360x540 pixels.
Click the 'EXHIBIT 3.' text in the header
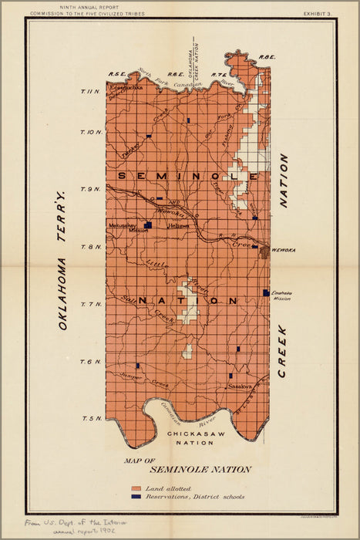(x=319, y=13)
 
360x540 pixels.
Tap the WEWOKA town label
(x=284, y=250)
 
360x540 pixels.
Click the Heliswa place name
(x=179, y=225)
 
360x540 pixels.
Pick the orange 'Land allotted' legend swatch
(x=136, y=489)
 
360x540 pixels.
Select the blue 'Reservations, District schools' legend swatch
(x=136, y=498)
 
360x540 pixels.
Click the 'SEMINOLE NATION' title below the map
(x=200, y=469)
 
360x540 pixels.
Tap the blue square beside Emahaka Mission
(x=266, y=292)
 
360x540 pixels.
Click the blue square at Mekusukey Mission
(x=147, y=225)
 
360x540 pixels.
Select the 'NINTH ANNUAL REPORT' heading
(x=81, y=6)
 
